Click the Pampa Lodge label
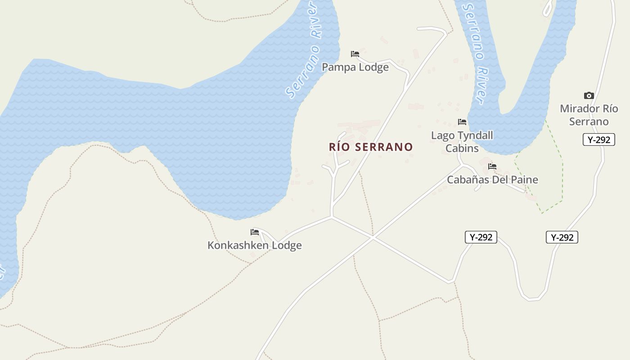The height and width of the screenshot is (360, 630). (x=355, y=67)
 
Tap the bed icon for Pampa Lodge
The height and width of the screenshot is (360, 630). (x=355, y=54)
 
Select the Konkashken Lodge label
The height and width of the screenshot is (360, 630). (x=254, y=245)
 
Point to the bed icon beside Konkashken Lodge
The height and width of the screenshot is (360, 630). (x=255, y=232)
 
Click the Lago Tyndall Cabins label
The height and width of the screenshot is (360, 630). (x=462, y=141)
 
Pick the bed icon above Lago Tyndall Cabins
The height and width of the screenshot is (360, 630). (x=462, y=121)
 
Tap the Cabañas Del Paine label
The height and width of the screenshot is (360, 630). (x=492, y=180)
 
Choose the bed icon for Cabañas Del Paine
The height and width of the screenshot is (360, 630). (x=492, y=166)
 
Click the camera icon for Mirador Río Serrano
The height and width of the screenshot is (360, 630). (x=589, y=95)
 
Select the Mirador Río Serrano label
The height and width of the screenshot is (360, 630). (x=589, y=115)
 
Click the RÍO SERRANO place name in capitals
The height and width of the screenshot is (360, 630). (x=371, y=147)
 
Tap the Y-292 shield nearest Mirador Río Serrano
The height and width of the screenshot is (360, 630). (x=599, y=139)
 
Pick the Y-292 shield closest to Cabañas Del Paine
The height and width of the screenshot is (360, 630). (x=481, y=237)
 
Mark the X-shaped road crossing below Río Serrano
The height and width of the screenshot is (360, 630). (x=373, y=237)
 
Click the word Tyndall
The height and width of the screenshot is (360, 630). (x=475, y=135)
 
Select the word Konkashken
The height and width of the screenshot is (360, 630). (x=235, y=245)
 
